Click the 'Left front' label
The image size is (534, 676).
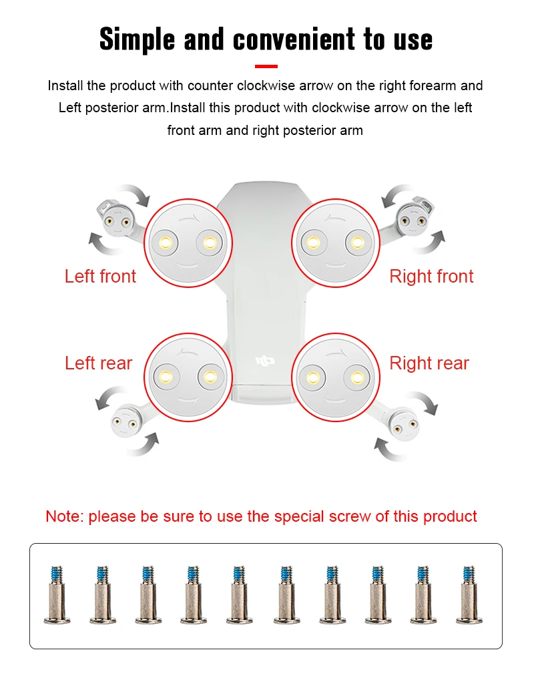[x=100, y=277]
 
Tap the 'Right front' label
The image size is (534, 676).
[x=431, y=277]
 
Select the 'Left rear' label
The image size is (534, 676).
[x=99, y=363]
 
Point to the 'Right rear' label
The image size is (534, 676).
[x=429, y=363]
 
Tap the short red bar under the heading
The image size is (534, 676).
[x=266, y=66]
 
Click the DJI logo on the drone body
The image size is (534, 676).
[x=265, y=361]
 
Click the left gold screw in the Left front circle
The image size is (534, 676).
[x=166, y=242]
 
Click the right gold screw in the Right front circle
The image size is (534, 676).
[x=358, y=242]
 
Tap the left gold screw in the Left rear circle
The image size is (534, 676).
[x=166, y=377]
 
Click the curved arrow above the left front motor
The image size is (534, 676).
[x=136, y=193]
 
